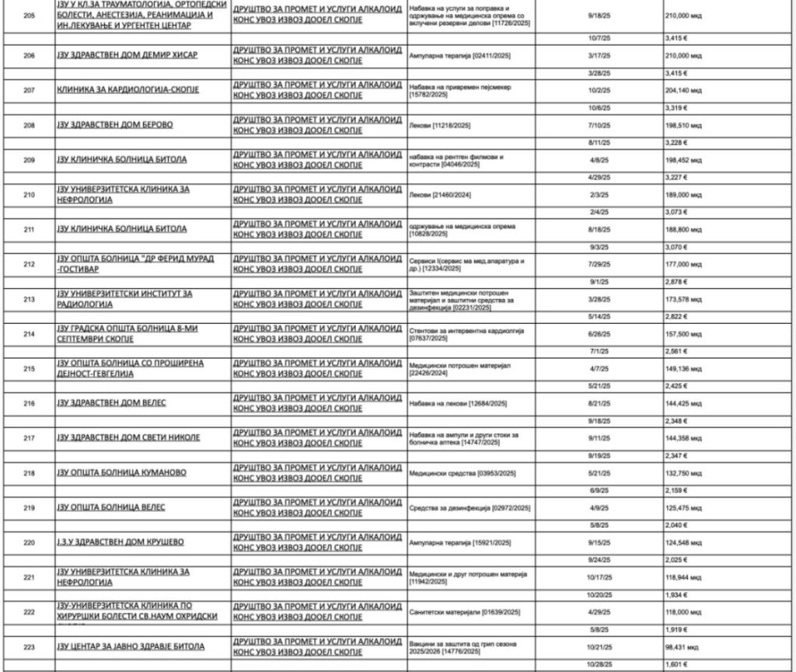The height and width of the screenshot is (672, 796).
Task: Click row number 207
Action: (29, 90)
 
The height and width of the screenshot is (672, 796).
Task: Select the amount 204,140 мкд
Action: (684, 90)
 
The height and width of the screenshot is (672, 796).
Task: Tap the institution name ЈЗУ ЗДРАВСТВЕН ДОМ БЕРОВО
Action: (114, 125)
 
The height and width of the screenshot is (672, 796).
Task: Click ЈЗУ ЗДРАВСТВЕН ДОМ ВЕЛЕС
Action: (111, 403)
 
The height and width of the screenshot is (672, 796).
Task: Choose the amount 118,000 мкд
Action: (684, 612)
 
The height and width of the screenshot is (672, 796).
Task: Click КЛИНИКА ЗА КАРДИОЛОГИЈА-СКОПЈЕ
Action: (127, 90)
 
